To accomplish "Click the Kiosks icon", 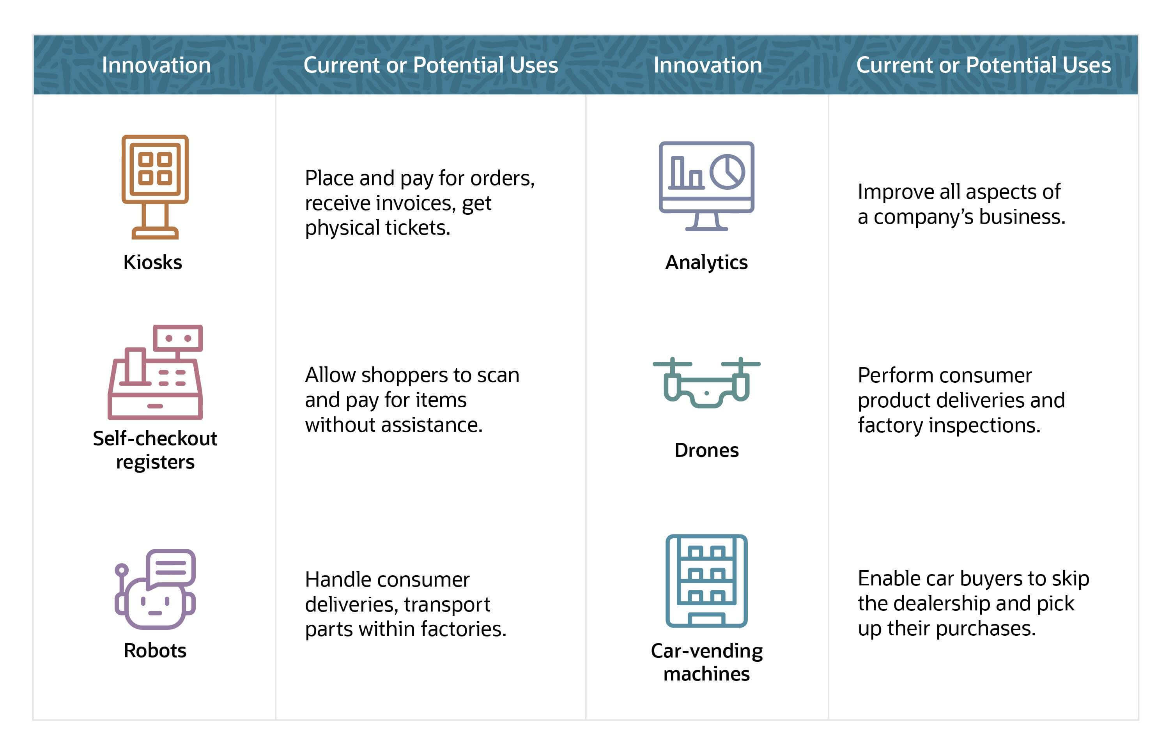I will point(155,186).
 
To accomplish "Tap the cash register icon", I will point(155,372).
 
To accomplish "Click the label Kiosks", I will point(152,263).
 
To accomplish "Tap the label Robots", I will point(155,650).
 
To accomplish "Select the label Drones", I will point(706,450).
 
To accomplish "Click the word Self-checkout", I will point(155,438).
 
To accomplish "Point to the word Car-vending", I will point(706,651).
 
